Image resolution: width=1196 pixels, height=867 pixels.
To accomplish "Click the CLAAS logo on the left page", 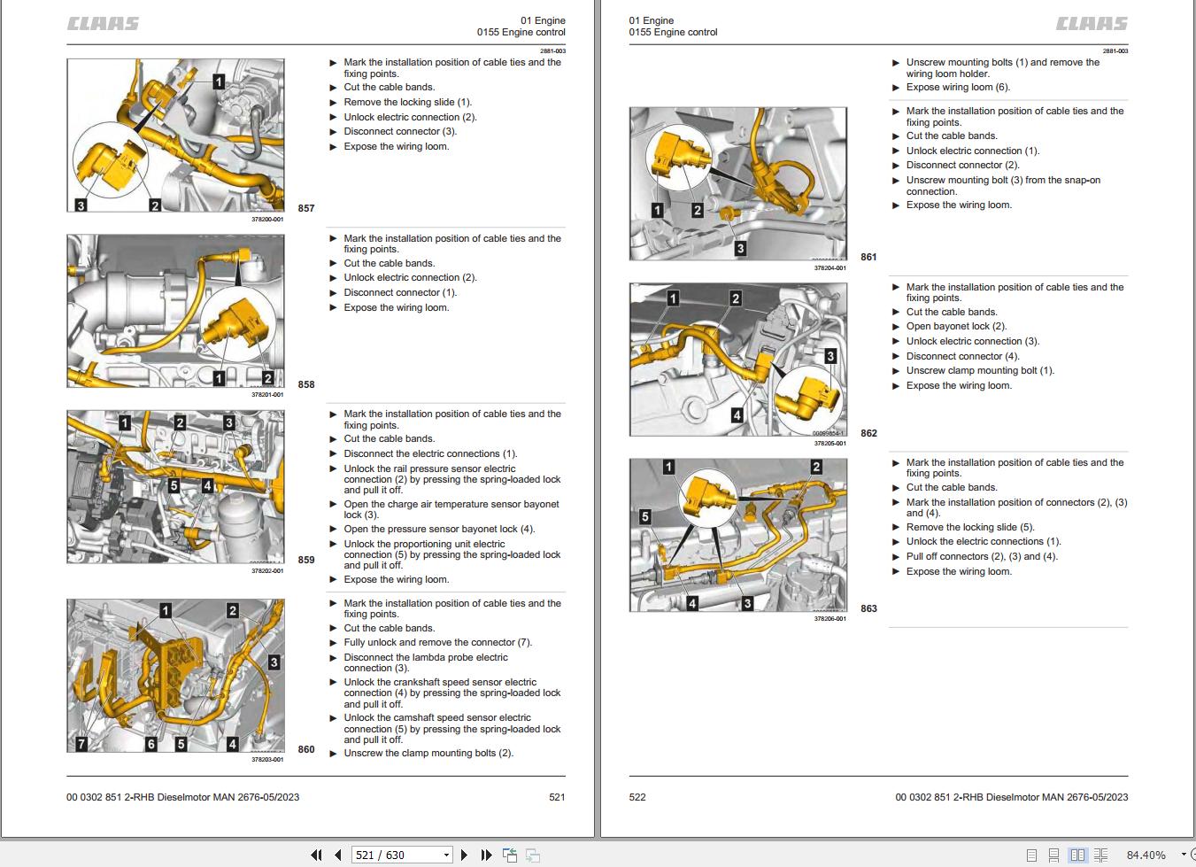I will pos(103,24).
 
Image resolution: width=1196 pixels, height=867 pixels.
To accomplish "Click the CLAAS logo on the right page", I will pos(1092,24).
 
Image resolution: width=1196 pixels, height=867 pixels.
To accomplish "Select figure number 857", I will pos(306,208).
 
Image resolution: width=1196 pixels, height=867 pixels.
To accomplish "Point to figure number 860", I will pos(306,749).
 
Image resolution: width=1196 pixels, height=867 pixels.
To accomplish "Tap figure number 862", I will pos(868,433).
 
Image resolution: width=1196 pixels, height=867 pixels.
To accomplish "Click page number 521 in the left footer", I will pos(557,797).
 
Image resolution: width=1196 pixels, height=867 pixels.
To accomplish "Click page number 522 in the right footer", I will pos(637,797).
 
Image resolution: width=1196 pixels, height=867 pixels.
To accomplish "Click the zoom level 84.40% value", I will pos(1146,855).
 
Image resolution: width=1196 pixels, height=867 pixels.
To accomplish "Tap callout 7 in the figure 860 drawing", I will pos(81,744).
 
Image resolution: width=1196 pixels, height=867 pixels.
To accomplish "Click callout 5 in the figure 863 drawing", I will pos(644,516).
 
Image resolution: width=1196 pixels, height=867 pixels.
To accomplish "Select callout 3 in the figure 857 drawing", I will pos(81,205).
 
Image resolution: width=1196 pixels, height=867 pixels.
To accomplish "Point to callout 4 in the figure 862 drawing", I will pos(737,414).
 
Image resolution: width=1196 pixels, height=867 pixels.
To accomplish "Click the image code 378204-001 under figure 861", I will pos(829,267).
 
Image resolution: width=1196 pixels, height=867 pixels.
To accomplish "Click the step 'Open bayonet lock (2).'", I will pos(956,326).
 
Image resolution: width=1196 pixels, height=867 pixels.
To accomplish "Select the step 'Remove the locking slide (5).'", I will pos(969,527).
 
